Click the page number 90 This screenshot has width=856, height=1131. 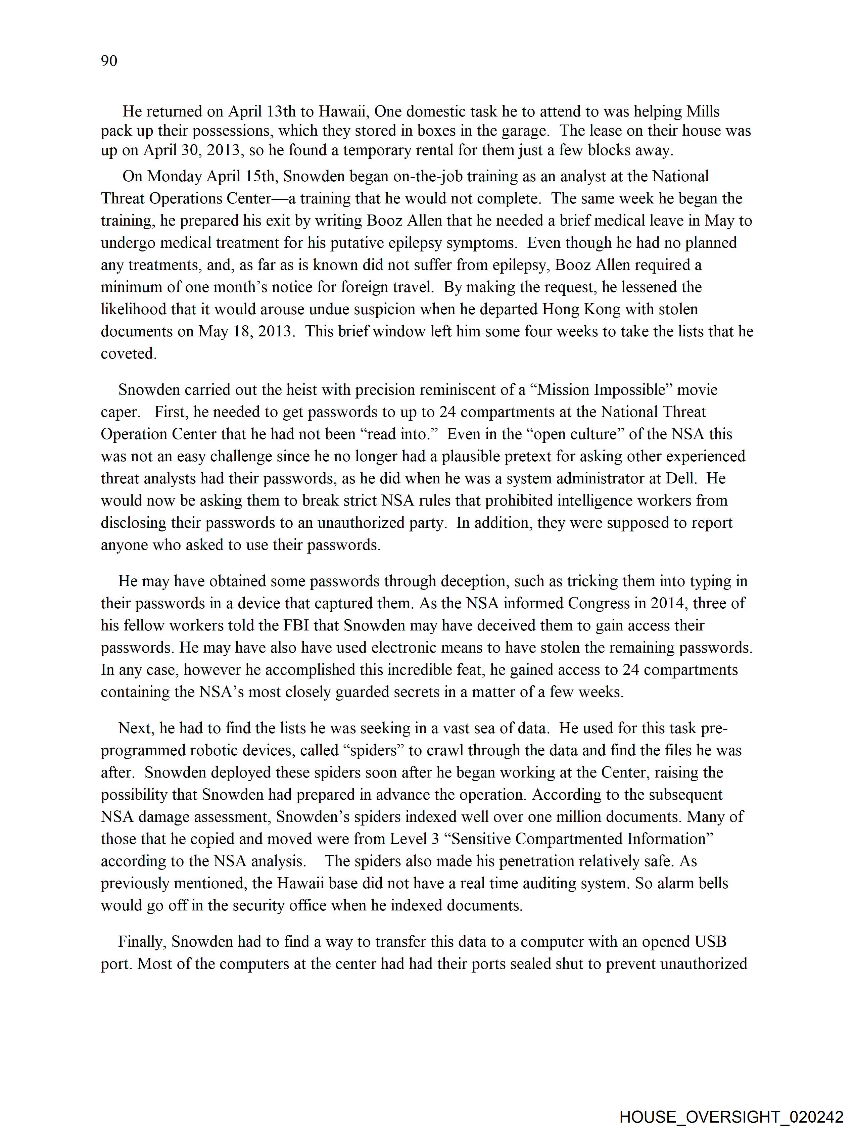coord(109,61)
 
